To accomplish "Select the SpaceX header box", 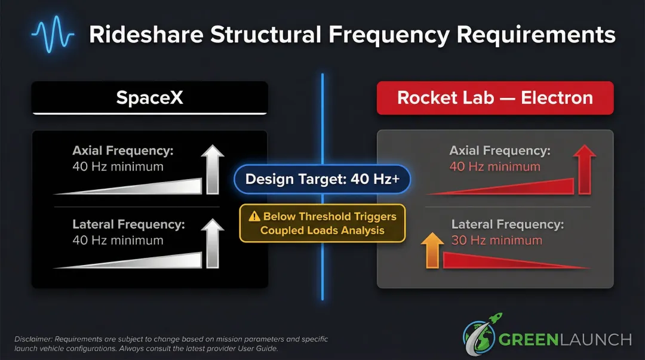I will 149,97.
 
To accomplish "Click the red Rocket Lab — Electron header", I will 495,97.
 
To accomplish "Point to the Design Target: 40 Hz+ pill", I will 322,179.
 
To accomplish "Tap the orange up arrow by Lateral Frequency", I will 432,250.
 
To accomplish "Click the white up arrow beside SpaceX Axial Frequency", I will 212,170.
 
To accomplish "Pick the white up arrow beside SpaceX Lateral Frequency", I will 212,244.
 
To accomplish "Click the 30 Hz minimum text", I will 497,241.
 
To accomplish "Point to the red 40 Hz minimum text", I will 494,167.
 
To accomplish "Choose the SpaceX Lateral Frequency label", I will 128,224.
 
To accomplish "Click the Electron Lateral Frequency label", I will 507,224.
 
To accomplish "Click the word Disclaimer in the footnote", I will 31,339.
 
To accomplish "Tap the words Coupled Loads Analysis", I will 322,230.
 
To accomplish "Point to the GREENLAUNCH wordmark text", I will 564,340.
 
